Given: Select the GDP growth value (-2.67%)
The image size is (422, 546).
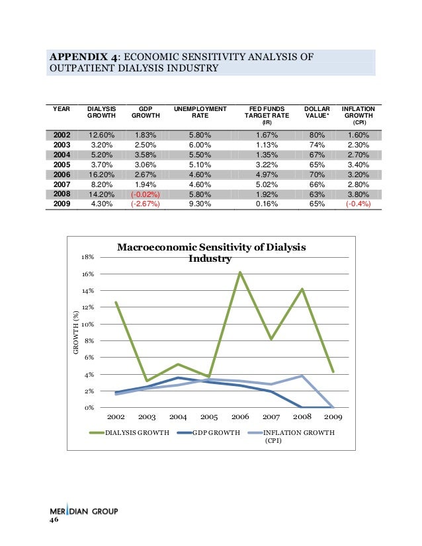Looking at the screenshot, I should (x=146, y=205).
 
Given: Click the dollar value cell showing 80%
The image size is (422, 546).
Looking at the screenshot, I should (x=313, y=136).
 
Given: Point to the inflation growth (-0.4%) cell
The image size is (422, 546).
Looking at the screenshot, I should (x=358, y=205).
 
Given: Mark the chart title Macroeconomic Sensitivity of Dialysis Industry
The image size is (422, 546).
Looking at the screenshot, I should (x=212, y=253).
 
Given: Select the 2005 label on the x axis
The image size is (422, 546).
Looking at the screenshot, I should (x=209, y=418).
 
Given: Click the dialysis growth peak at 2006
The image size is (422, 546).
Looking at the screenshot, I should (x=239, y=272).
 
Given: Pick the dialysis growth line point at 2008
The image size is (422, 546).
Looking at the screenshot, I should (x=302, y=289).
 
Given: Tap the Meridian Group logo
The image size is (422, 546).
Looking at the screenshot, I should (x=83, y=512).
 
